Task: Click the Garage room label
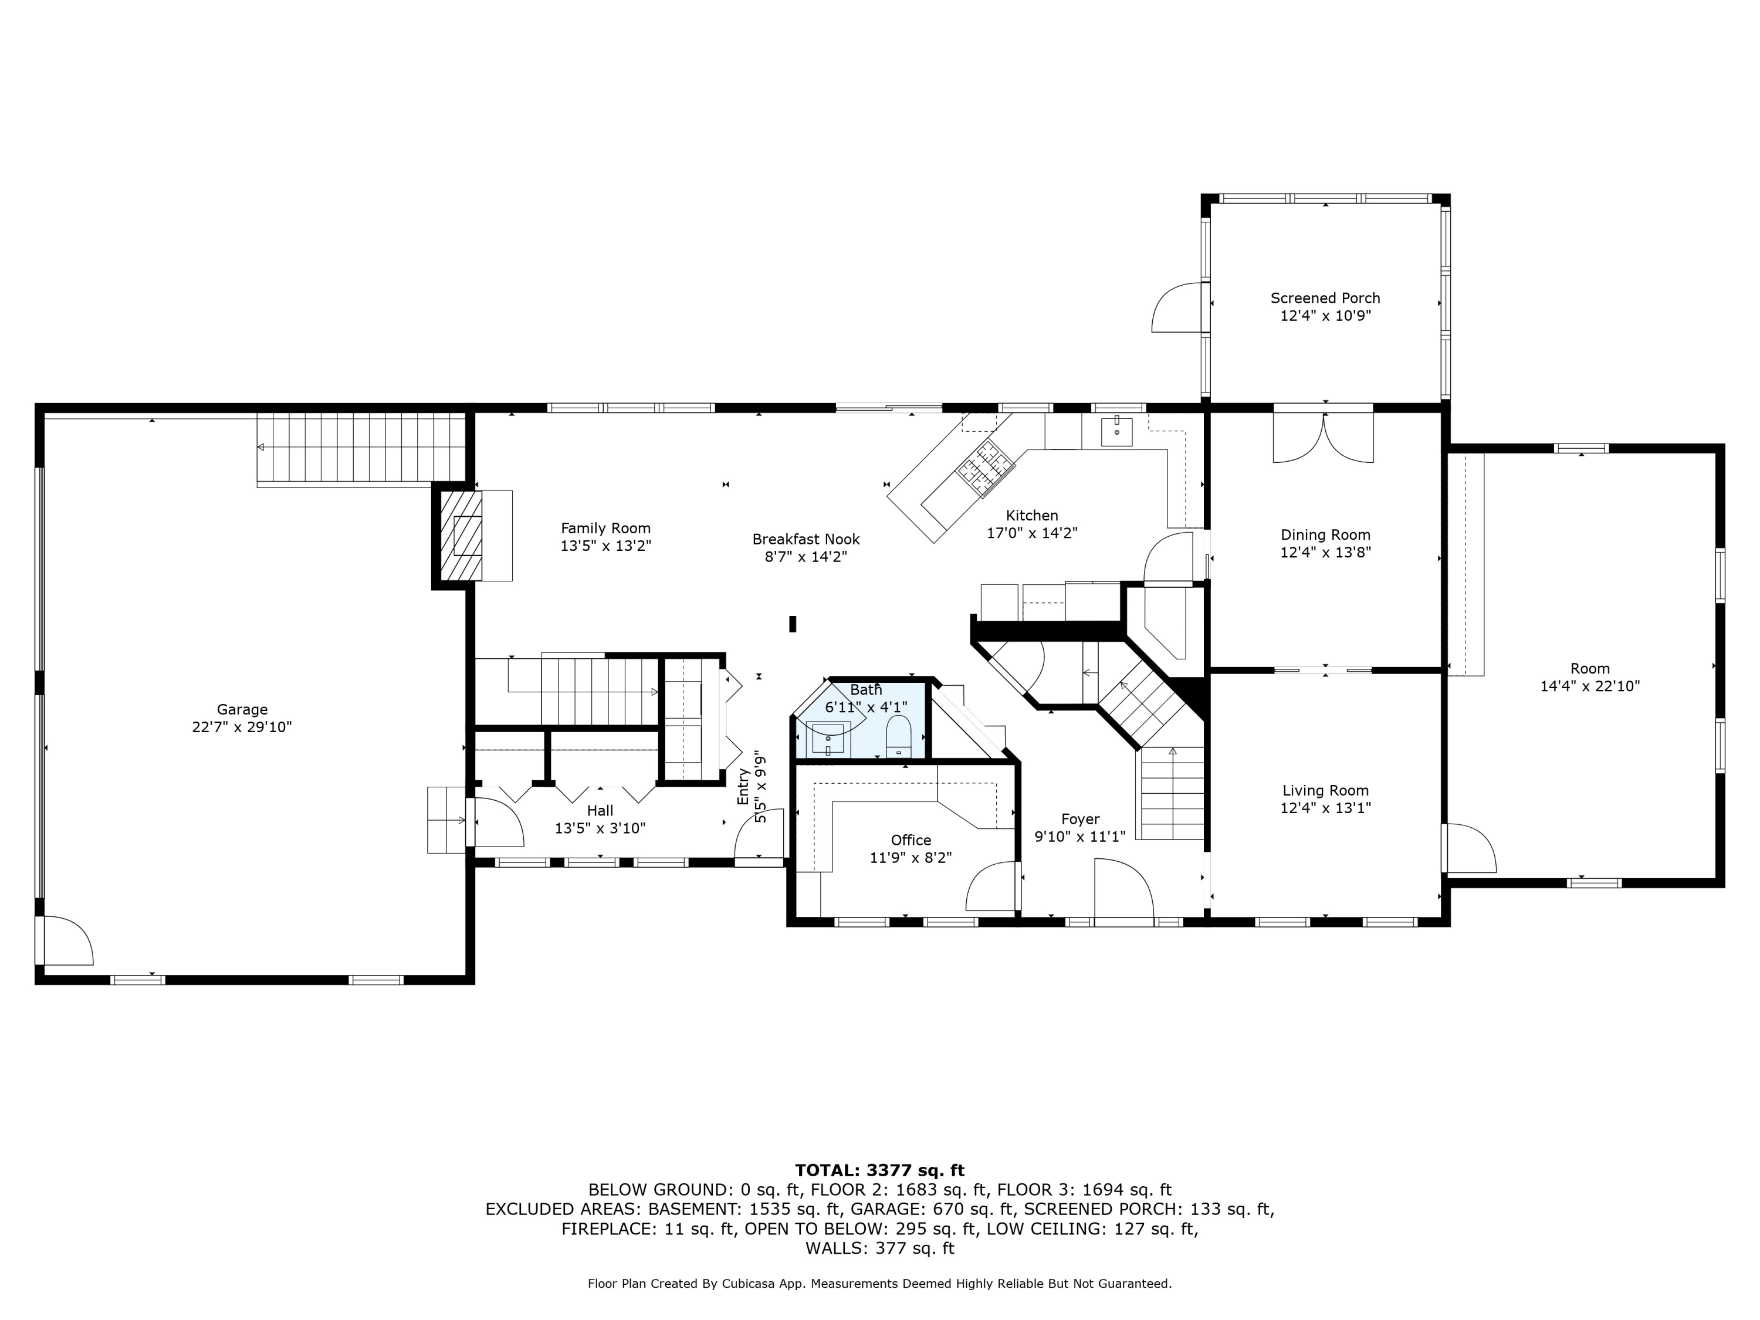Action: pyautogui.click(x=242, y=709)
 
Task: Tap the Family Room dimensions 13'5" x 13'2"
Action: pyautogui.click(x=605, y=546)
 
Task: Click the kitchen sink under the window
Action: pyautogui.click(x=1117, y=431)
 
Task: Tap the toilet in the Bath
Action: pyautogui.click(x=898, y=736)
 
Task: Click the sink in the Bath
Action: pyautogui.click(x=828, y=739)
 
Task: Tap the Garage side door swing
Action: pyautogui.click(x=69, y=941)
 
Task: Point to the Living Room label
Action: pyautogui.click(x=1325, y=790)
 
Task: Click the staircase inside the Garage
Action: pyautogui.click(x=360, y=449)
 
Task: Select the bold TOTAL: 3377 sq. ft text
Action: pyautogui.click(x=880, y=1170)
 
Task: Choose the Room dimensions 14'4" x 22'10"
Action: pyautogui.click(x=1590, y=686)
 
